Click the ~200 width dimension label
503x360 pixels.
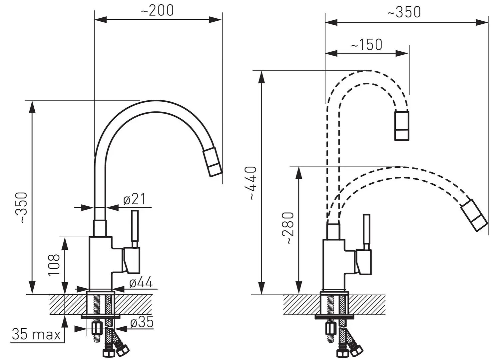point(157,11)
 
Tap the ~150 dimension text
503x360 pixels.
point(366,45)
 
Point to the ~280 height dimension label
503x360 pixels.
point(288,228)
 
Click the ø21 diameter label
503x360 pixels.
point(134,199)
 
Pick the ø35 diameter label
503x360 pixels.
point(142,322)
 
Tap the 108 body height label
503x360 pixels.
point(54,265)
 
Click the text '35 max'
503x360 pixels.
point(36,334)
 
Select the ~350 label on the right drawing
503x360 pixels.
point(404,12)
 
